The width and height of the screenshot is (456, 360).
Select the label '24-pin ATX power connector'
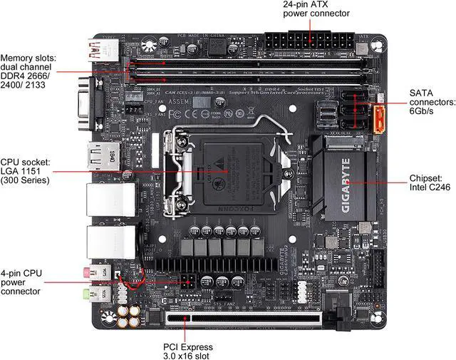coord(316,9)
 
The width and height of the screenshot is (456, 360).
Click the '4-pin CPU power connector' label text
coord(21,282)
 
